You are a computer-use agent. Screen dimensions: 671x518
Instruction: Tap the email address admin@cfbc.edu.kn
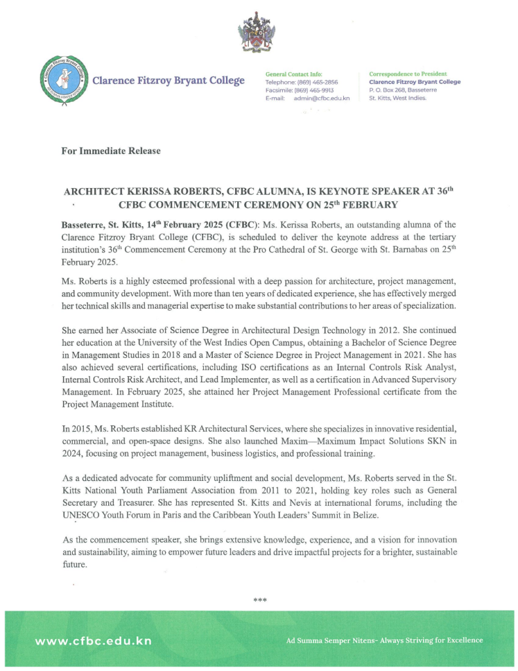(322, 98)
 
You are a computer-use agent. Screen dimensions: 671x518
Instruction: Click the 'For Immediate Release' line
(111, 151)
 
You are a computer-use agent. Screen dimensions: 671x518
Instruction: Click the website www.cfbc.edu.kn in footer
(93, 640)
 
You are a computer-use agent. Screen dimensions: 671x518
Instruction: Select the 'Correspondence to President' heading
(408, 74)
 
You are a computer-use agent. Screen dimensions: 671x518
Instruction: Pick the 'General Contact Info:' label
(293, 74)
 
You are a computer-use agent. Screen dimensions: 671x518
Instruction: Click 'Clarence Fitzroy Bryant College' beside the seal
(168, 81)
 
